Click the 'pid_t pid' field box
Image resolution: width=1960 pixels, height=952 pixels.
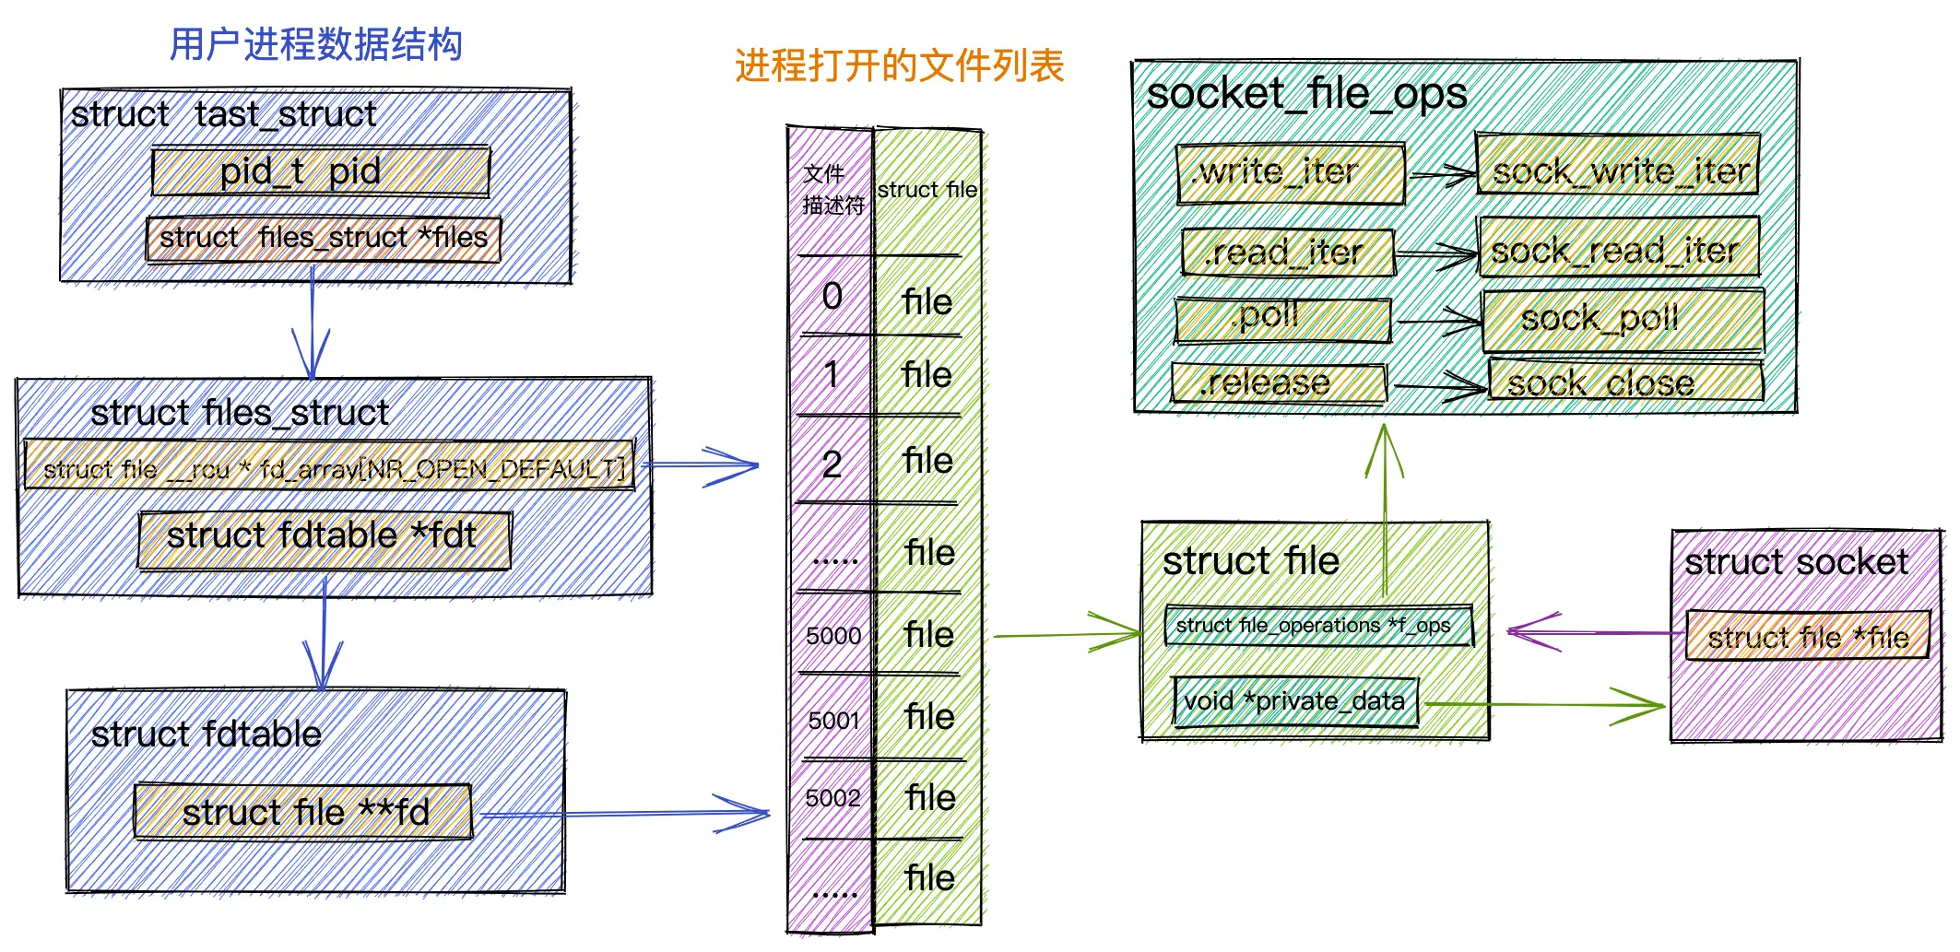coord(320,171)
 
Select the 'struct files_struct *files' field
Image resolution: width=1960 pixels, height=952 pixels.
coord(323,239)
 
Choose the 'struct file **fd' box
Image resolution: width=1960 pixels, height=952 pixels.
coord(303,812)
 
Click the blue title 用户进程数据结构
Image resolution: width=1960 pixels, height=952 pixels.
coord(315,44)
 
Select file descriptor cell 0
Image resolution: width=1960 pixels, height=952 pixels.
coord(832,297)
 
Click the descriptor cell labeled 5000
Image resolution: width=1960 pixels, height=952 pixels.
coord(832,635)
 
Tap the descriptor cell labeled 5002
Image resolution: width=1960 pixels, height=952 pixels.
coord(832,798)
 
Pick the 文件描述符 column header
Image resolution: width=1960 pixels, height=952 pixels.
coord(832,190)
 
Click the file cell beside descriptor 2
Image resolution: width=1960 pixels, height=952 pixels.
coord(927,461)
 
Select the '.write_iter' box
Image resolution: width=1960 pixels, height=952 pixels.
coord(1290,173)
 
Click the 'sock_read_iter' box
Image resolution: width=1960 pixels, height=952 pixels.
coord(1618,248)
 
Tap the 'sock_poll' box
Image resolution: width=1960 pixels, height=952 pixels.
coord(1623,320)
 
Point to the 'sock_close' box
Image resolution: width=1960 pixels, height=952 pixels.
coord(1625,382)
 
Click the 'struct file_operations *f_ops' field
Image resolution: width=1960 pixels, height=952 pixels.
coord(1318,626)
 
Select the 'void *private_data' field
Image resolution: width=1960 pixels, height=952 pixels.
coord(1295,701)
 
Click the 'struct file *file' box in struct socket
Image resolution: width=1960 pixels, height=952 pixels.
coord(1807,636)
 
